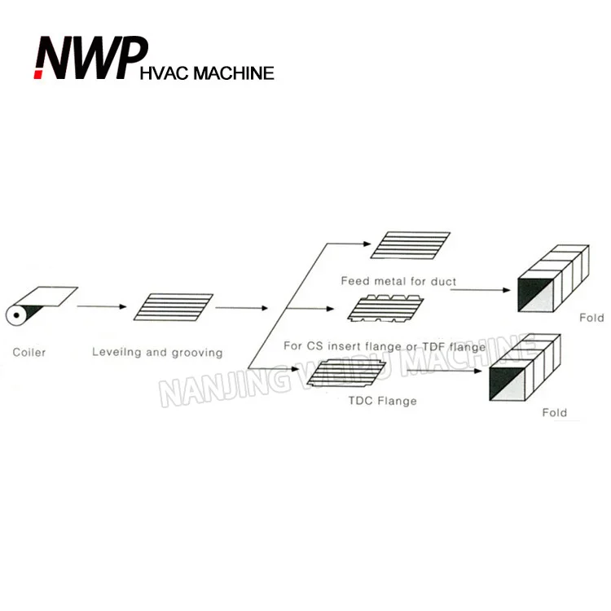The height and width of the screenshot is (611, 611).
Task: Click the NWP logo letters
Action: click(83, 58)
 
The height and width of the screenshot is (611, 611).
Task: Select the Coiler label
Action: click(29, 353)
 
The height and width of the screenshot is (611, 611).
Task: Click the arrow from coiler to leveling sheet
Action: click(102, 306)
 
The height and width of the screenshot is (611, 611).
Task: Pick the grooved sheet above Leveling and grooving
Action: click(173, 307)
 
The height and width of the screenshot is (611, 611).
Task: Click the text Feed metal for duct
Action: click(398, 282)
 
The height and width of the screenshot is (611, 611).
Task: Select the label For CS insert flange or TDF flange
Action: click(385, 347)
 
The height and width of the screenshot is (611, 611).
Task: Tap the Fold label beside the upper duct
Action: click(591, 319)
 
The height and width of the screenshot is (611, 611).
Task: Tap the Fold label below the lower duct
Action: click(554, 413)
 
